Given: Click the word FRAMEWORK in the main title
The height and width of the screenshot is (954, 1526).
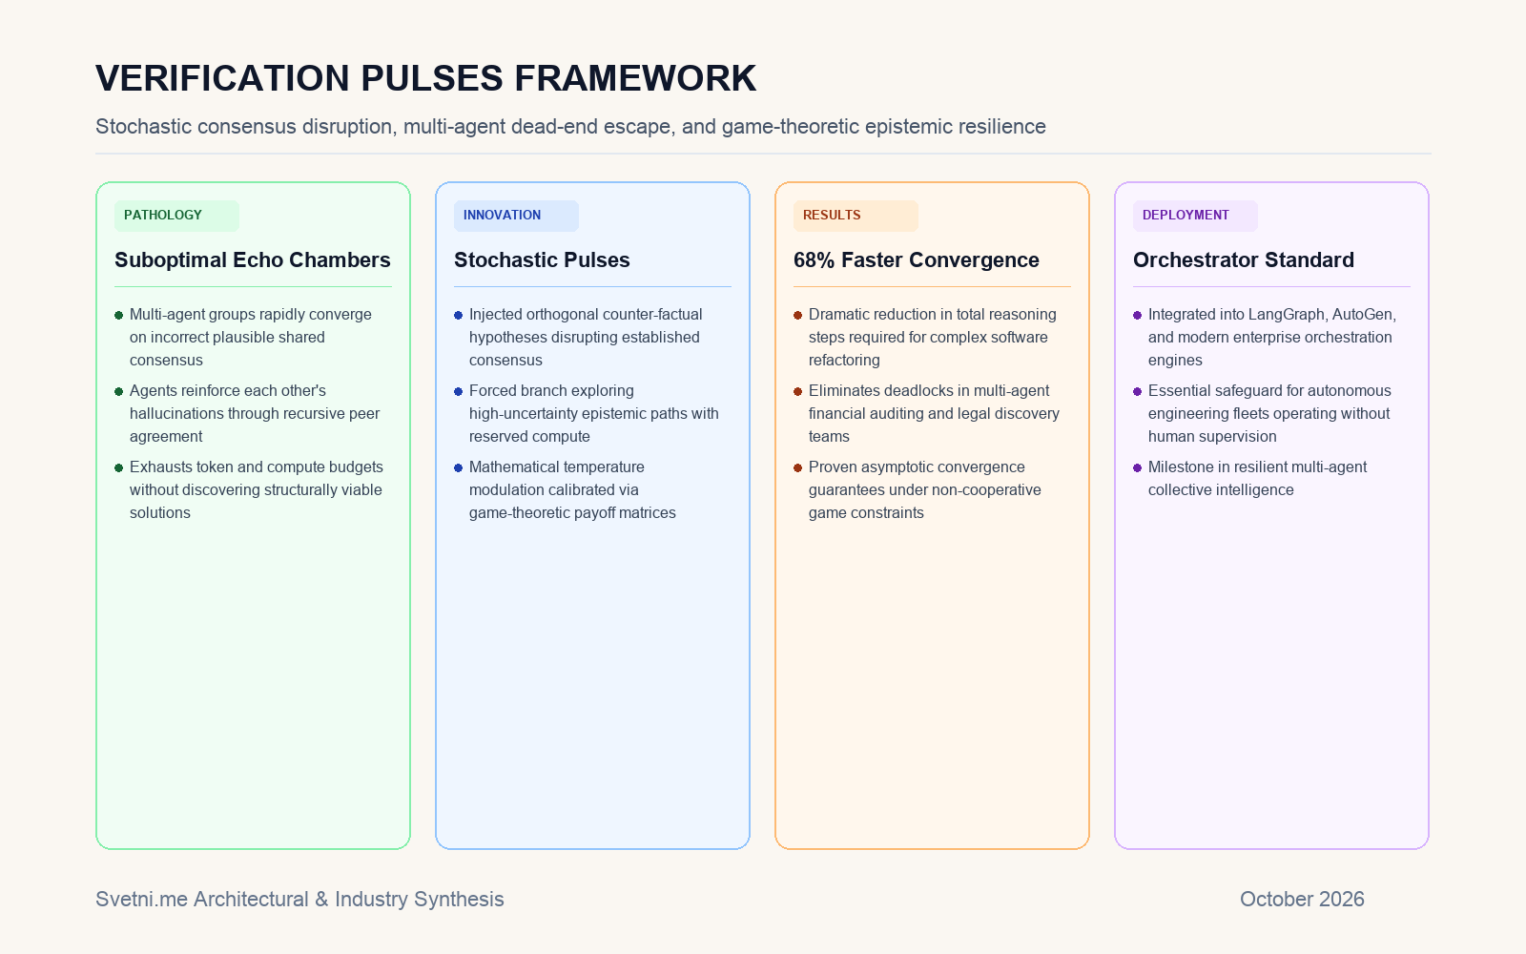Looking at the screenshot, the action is (x=635, y=78).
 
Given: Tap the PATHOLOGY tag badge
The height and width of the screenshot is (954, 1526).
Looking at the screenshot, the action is (x=176, y=216).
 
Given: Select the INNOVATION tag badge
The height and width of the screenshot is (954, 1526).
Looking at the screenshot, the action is (x=516, y=216).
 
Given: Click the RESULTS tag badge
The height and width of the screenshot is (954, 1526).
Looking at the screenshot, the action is (x=856, y=216).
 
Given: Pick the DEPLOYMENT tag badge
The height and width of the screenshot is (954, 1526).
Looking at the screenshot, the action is (x=1195, y=216).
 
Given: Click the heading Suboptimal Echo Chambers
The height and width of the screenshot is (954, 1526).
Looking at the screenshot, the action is (x=252, y=260).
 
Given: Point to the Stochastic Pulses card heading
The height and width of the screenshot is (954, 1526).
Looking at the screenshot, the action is (x=542, y=260).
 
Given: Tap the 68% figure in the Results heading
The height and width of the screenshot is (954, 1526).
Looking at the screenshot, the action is (x=815, y=260).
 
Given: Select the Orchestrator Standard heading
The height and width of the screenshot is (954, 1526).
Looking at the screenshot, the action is (x=1244, y=260).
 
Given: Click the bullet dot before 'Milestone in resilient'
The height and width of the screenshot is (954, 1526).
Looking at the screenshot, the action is (x=1137, y=468).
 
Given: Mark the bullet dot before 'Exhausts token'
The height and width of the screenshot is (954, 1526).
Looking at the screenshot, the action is (x=118, y=468).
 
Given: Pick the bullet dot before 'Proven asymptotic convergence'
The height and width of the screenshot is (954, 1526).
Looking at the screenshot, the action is (x=797, y=468).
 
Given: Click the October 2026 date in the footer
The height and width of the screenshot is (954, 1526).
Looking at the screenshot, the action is (x=1302, y=900).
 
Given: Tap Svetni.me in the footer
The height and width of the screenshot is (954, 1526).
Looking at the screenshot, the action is (x=142, y=900).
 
